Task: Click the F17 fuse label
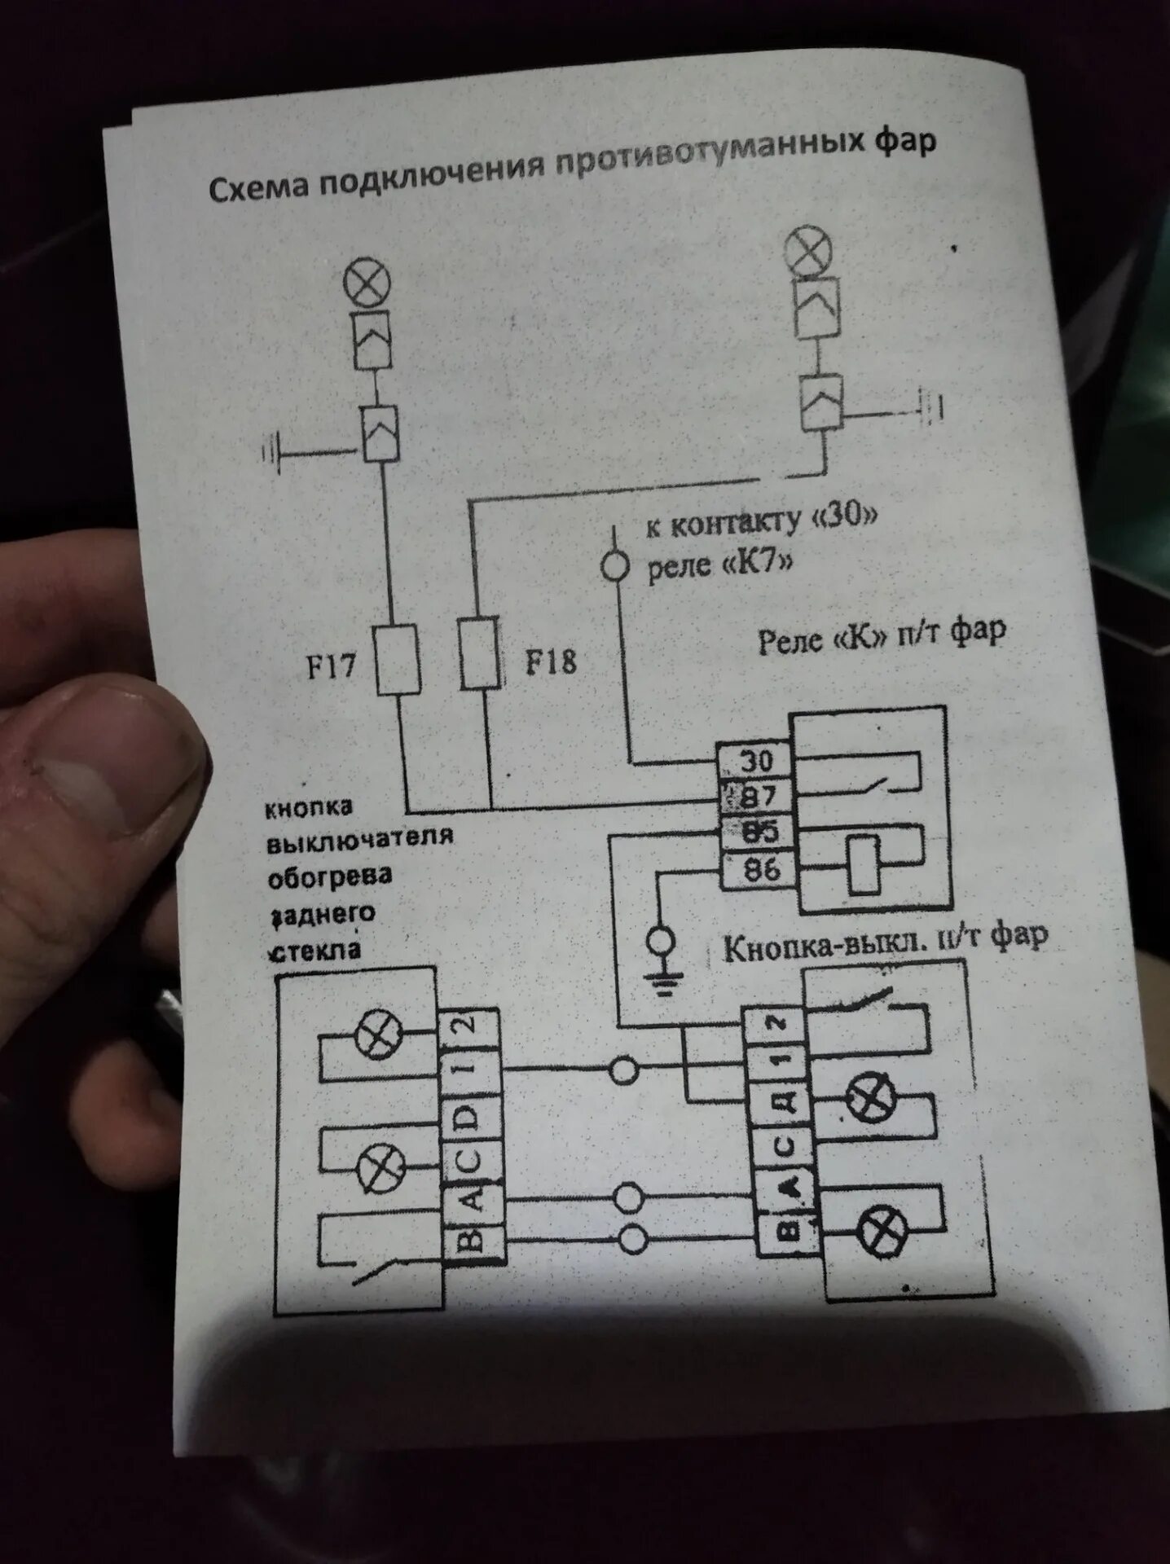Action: pyautogui.click(x=331, y=667)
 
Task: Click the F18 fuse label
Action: pyautogui.click(x=551, y=661)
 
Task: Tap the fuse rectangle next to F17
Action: pyautogui.click(x=398, y=660)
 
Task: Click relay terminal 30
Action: pyautogui.click(x=756, y=761)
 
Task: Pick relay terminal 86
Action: pyautogui.click(x=761, y=870)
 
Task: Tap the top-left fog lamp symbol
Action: pyautogui.click(x=367, y=284)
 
